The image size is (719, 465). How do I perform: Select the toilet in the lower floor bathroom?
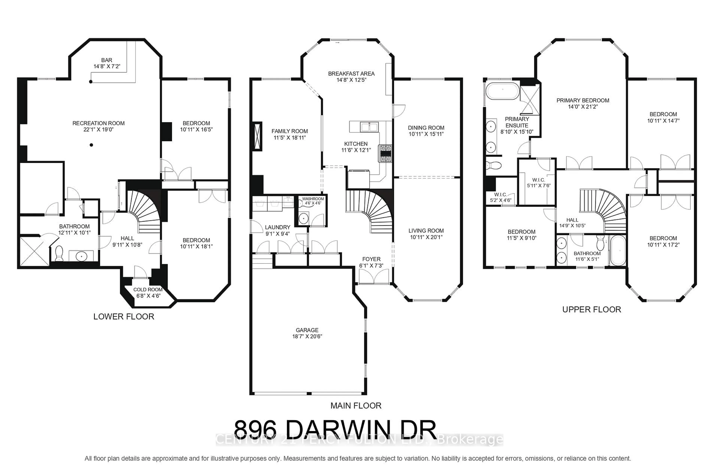[x=59, y=253]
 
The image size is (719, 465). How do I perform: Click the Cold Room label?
[x=148, y=290]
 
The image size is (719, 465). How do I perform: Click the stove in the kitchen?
[x=385, y=153]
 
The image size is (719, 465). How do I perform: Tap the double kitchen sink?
[x=369, y=127]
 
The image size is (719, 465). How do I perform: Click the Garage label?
[x=307, y=330]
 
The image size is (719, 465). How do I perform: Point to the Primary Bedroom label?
[x=583, y=101]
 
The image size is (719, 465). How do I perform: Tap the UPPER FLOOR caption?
[x=591, y=309]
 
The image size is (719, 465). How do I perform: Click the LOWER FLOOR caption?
[x=124, y=316]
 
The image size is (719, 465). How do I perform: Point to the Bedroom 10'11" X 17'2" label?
[x=663, y=241]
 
